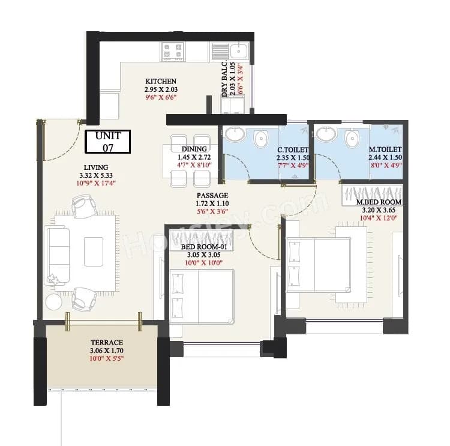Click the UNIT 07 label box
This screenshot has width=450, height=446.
pos(107,141)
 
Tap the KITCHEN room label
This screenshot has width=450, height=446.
pos(161,81)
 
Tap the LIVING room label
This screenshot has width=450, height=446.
pos(96,167)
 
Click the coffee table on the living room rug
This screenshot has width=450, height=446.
pos(94,251)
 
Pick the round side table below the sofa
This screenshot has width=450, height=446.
pos(53,301)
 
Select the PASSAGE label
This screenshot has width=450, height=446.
pos(212,196)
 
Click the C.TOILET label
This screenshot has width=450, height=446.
pos(293,149)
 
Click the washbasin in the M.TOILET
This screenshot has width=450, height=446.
pos(326,136)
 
